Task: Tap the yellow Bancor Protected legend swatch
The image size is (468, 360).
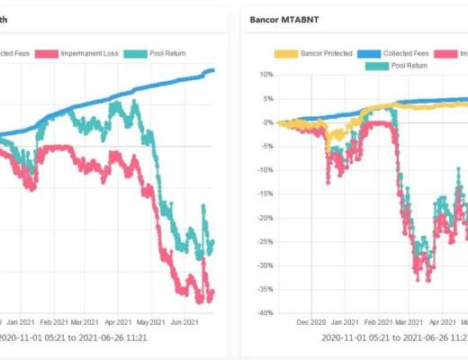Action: (x=285, y=54)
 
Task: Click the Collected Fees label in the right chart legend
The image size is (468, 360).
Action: (x=410, y=54)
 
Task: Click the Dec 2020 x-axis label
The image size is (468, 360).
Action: (x=310, y=320)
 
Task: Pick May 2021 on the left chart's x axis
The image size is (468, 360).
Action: (x=151, y=320)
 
